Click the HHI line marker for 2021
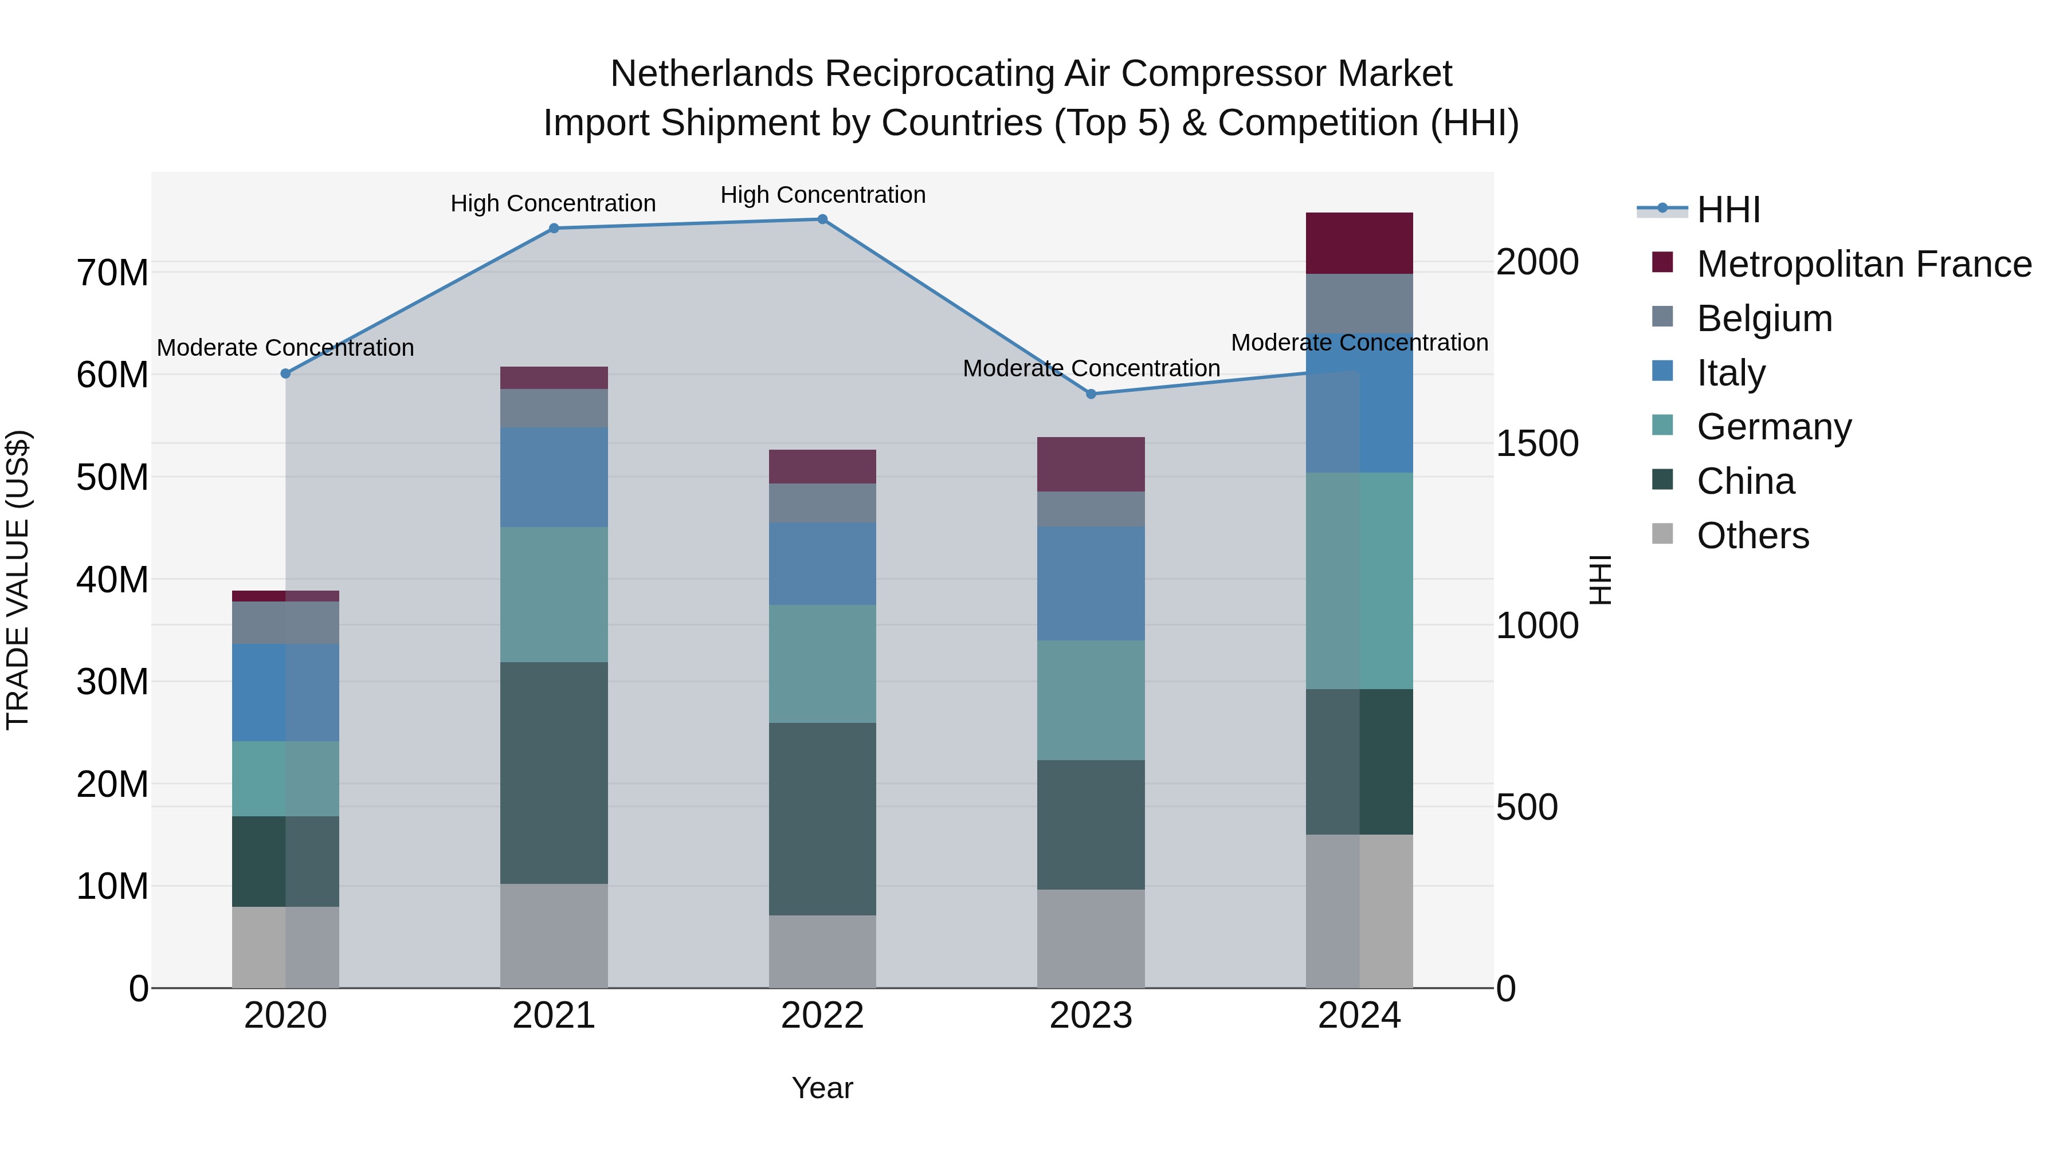[554, 228]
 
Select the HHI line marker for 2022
[822, 219]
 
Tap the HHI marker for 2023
[1090, 394]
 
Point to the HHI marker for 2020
[285, 374]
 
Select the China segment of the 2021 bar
[554, 773]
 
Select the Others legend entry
[1752, 536]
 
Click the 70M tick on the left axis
[112, 273]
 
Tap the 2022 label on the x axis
[822, 1016]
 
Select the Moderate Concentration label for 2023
[1091, 368]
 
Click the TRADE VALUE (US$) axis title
[18, 580]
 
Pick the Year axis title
[822, 1088]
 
